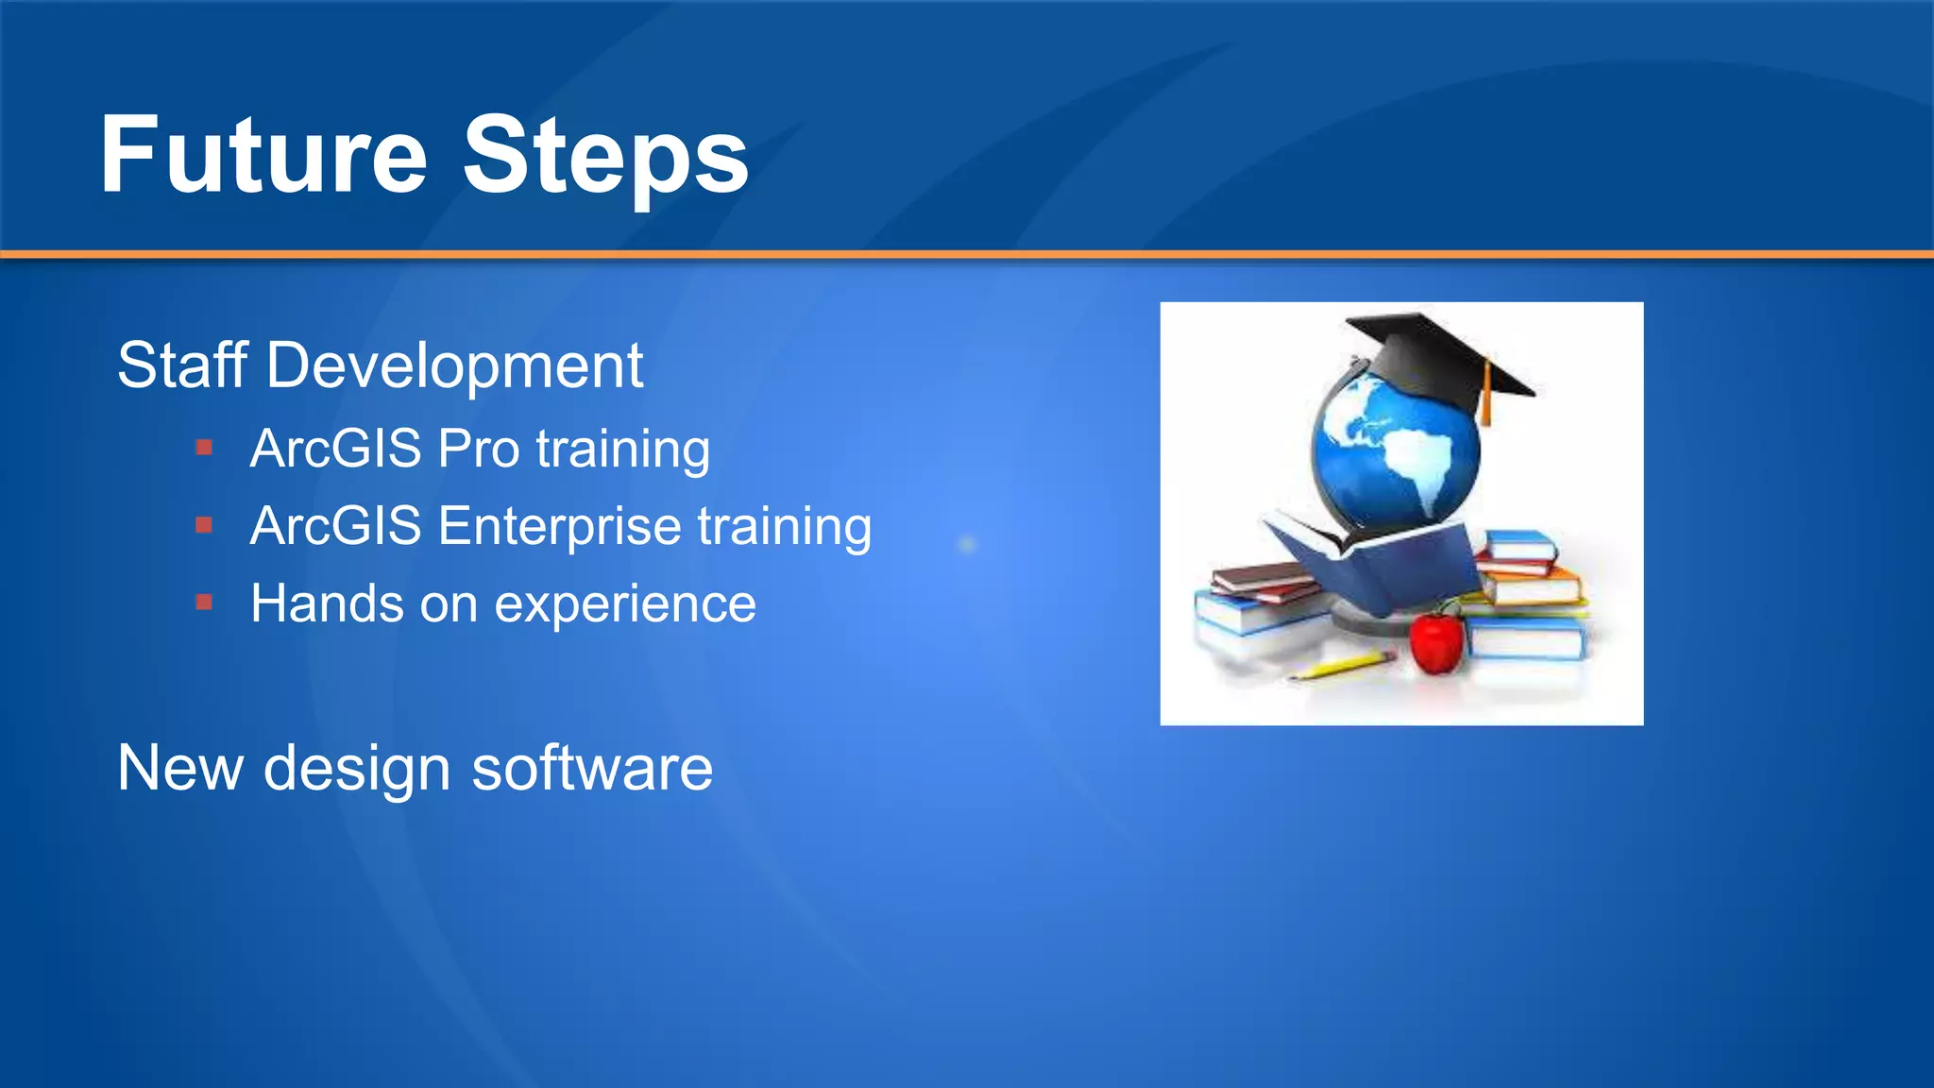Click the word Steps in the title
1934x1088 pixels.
(605, 156)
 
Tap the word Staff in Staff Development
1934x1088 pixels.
(182, 365)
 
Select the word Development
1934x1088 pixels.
(454, 367)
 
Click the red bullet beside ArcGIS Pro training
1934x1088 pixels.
(204, 448)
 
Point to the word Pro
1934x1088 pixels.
(479, 449)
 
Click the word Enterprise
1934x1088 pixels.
(559, 527)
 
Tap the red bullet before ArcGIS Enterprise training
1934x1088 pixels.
(204, 525)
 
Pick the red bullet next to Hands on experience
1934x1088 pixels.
(204, 603)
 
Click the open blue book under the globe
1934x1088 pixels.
(1379, 567)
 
